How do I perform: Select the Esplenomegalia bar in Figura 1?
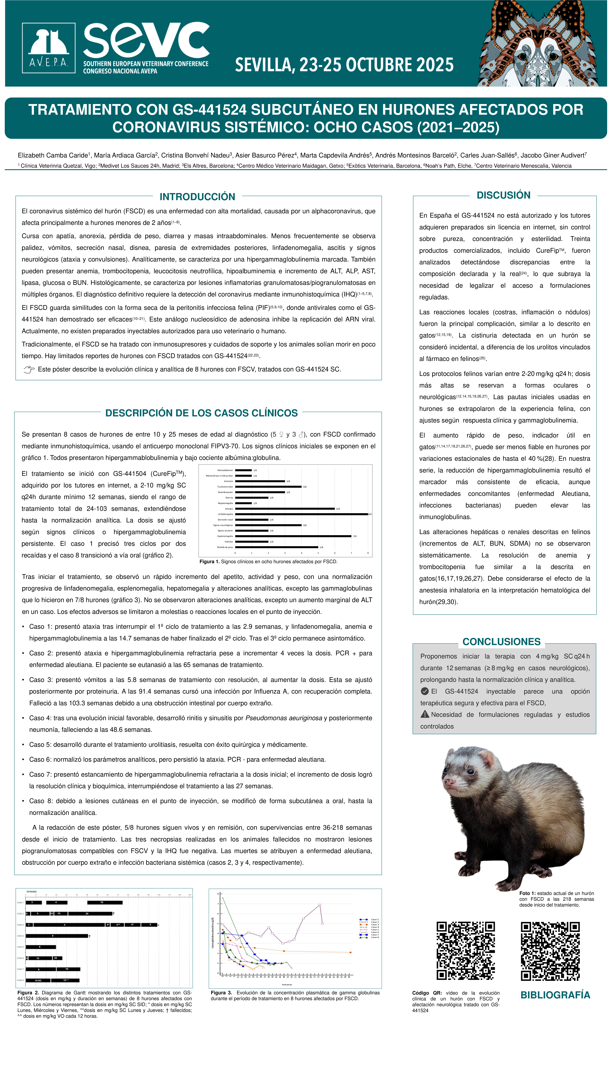(x=293, y=536)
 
